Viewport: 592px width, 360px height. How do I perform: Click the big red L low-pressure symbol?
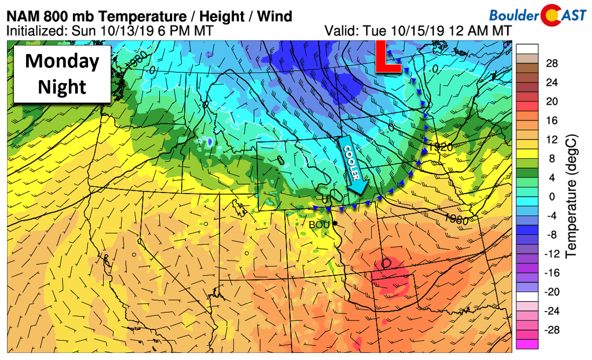388,57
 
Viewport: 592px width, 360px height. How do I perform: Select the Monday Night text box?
62,74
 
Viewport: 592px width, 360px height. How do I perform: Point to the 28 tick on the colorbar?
552,64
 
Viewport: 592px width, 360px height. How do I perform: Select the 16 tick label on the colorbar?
552,121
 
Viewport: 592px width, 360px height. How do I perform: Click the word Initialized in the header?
32,31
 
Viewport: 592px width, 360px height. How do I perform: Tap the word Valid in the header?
339,31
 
